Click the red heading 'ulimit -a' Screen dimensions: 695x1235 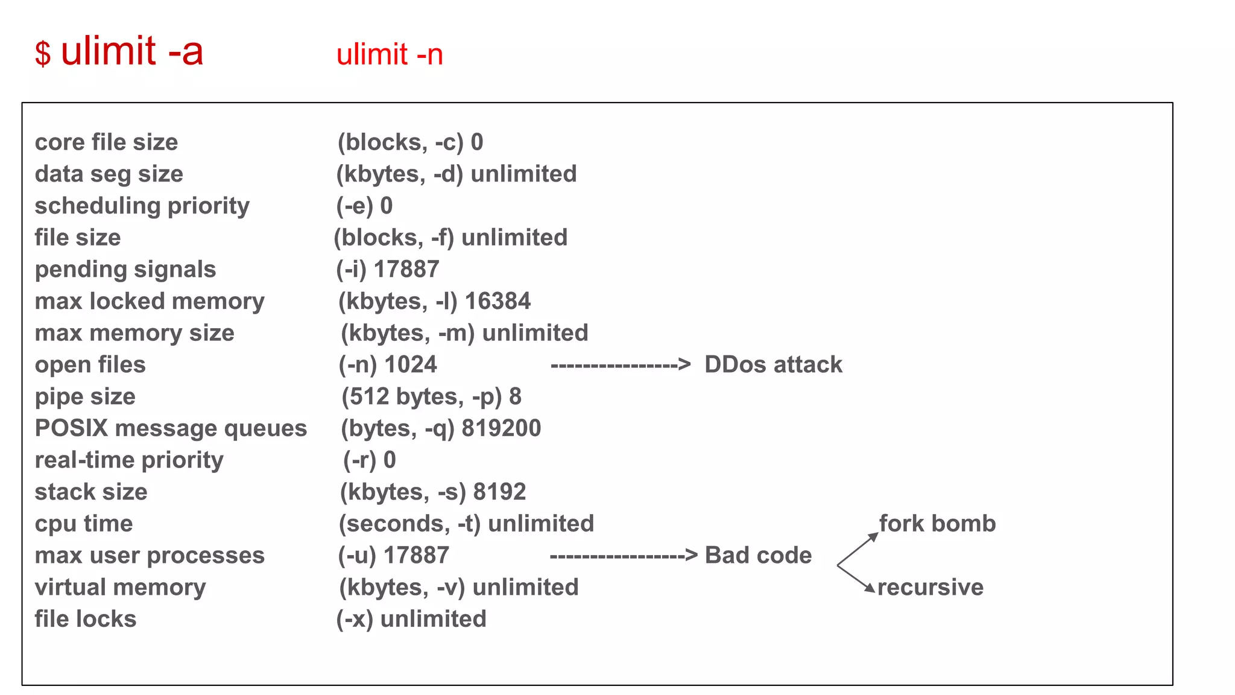tap(131, 51)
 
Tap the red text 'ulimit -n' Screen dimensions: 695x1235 tap(390, 55)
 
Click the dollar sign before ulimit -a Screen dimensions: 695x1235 tap(43, 54)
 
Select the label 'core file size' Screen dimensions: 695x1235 tap(106, 142)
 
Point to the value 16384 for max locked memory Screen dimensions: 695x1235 tap(497, 301)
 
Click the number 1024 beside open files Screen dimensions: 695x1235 tap(411, 364)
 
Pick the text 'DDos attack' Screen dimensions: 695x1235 tap(773, 364)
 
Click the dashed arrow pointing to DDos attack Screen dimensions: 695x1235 tap(620, 365)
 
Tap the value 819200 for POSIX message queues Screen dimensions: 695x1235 tap(501, 428)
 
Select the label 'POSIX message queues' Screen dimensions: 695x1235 tap(171, 428)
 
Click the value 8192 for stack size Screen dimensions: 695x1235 tap(499, 492)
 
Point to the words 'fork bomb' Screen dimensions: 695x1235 tap(937, 524)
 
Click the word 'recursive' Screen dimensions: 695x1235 tap(930, 587)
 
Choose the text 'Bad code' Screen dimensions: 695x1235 tap(758, 555)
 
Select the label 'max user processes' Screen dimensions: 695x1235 tap(150, 555)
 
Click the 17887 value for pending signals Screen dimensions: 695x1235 tap(406, 269)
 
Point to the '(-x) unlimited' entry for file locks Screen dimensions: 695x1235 tap(411, 619)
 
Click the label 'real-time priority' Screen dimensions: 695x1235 tap(129, 460)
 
